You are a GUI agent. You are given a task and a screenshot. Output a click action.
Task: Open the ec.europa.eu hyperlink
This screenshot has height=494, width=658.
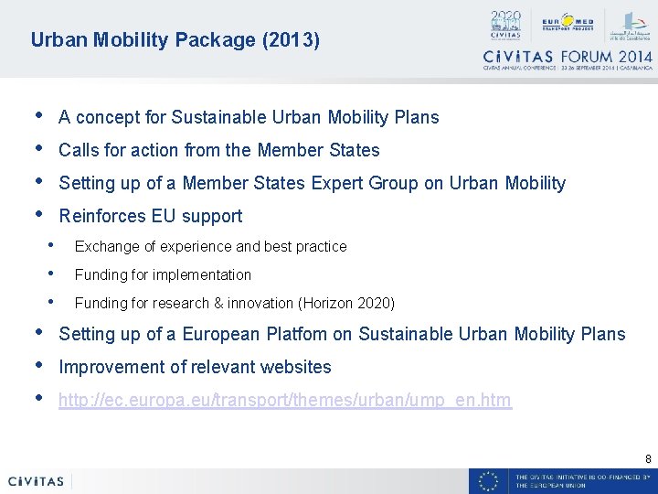click(x=285, y=400)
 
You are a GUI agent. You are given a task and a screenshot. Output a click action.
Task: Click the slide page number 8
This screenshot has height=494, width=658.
click(x=648, y=458)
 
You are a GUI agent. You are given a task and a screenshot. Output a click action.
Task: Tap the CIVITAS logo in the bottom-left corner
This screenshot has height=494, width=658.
click(x=37, y=481)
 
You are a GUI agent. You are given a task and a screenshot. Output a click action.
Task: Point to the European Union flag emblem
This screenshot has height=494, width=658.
click(x=489, y=481)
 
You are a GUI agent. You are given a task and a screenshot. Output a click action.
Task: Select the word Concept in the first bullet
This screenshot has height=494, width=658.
click(x=105, y=118)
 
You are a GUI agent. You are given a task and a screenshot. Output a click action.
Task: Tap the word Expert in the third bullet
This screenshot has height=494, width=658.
click(x=336, y=183)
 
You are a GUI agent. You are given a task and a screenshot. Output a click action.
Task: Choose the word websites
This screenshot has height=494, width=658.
click(x=296, y=367)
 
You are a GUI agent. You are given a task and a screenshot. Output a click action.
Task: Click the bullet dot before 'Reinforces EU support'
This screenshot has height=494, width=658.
click(x=37, y=214)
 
